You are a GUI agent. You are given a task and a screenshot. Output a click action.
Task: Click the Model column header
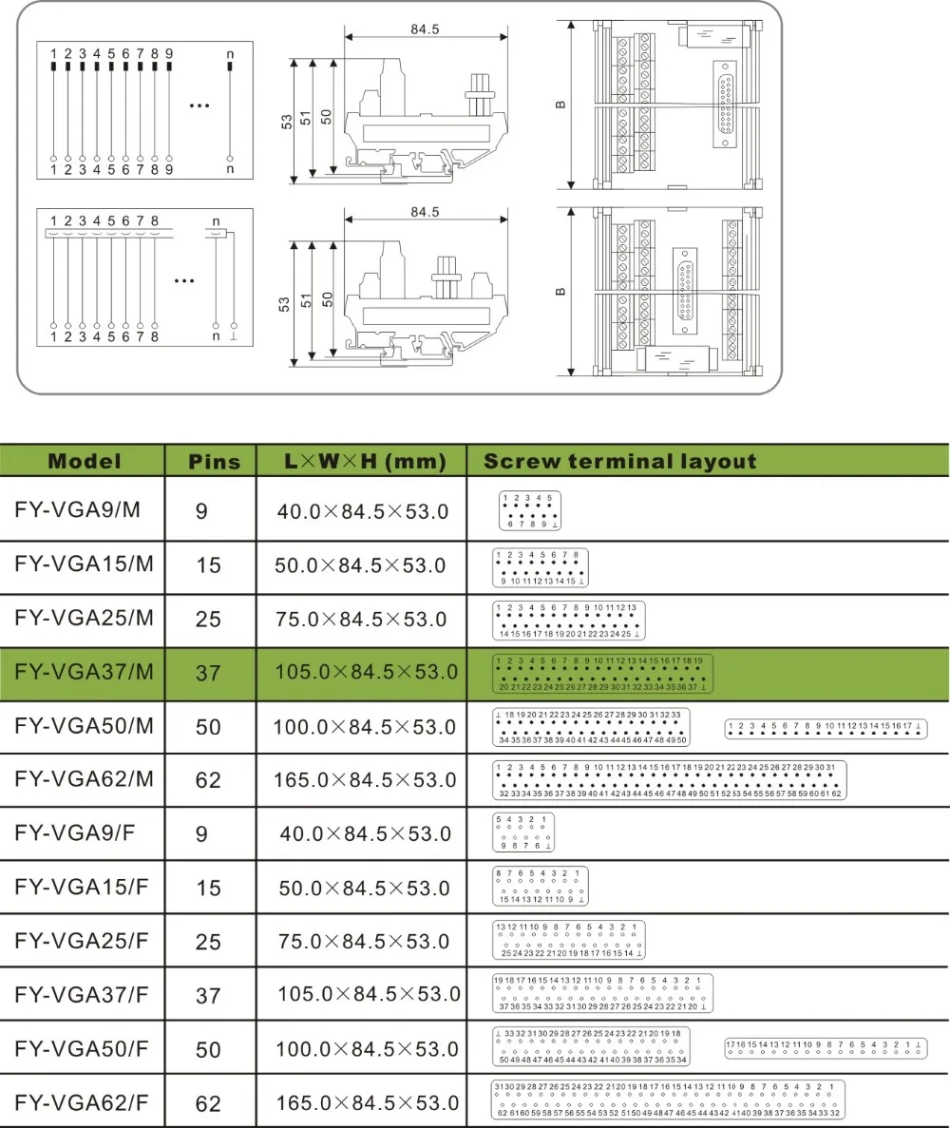pyautogui.click(x=85, y=462)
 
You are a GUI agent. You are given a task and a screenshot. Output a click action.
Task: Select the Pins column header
pyautogui.click(x=215, y=463)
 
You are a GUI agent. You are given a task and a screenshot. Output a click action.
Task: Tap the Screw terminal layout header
pyautogui.click(x=619, y=462)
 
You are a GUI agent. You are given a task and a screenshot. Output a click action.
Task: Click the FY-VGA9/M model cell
pyautogui.click(x=78, y=509)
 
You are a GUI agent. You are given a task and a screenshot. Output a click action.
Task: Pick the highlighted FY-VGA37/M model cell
pyautogui.click(x=85, y=671)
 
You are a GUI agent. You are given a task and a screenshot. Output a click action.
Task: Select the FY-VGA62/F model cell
pyautogui.click(x=84, y=1102)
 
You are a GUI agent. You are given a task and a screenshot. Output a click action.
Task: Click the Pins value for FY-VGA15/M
pyautogui.click(x=208, y=565)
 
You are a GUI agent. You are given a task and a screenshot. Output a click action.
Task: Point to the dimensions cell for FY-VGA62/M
pyautogui.click(x=360, y=780)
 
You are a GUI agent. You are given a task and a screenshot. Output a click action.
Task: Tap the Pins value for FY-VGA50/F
pyautogui.click(x=208, y=1049)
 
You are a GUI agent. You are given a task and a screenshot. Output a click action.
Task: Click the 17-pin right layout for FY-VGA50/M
pyautogui.click(x=825, y=729)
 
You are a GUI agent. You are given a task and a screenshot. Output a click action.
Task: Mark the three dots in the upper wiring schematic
pyautogui.click(x=199, y=105)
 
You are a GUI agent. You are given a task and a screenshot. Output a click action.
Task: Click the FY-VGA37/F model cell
pyautogui.click(x=84, y=994)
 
